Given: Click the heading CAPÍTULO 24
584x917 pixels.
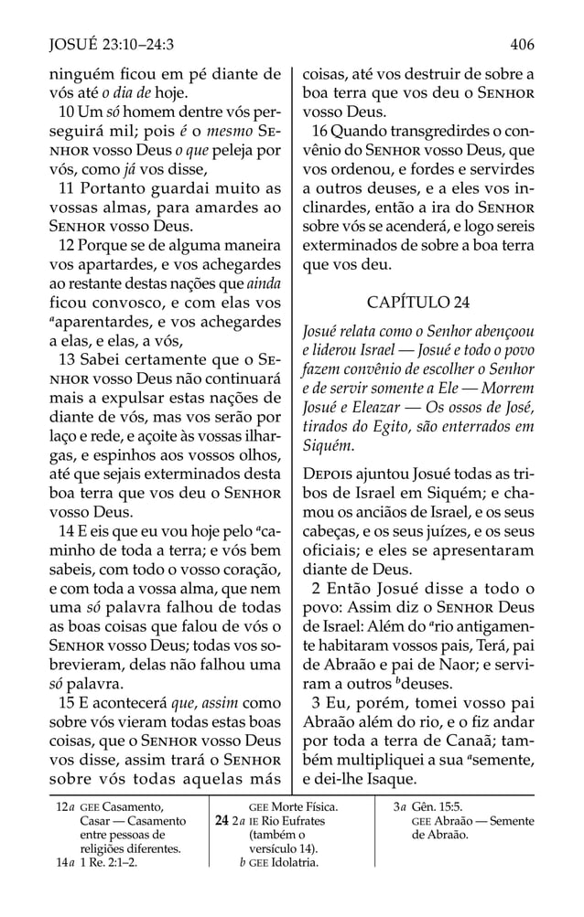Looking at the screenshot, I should point(417,303).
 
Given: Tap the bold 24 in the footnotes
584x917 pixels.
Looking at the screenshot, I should point(221,820).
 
